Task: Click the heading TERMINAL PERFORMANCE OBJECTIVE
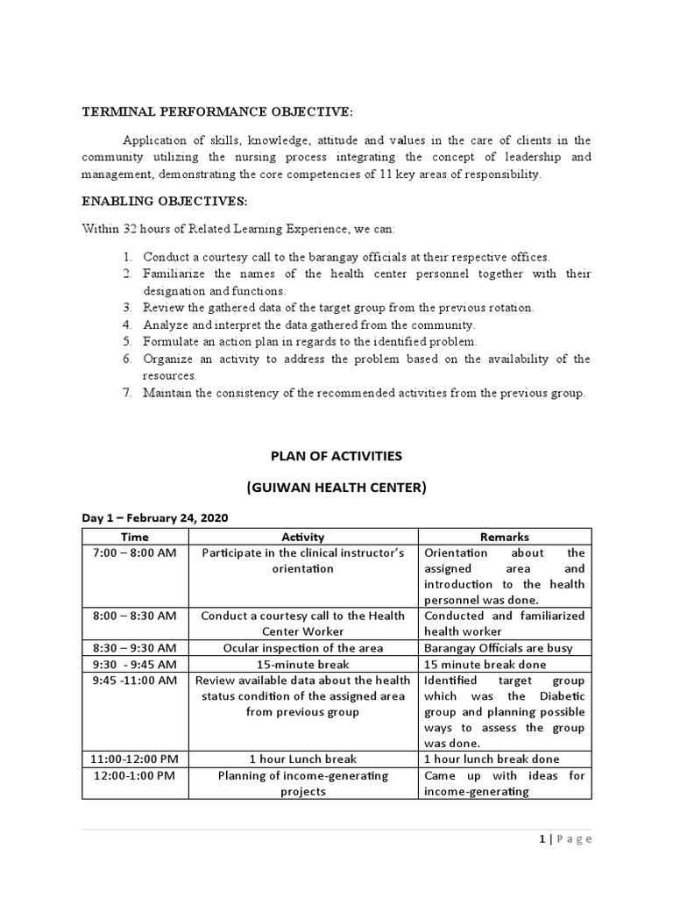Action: point(217,112)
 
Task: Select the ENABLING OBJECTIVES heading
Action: point(165,202)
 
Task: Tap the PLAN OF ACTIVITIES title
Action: point(336,455)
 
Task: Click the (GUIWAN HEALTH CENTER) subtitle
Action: point(336,488)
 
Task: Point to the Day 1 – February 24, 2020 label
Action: point(154,519)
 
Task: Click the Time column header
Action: point(134,537)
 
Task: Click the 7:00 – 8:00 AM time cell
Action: point(134,552)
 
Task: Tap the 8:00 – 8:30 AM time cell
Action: point(134,616)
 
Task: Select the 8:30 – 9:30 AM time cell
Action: point(134,648)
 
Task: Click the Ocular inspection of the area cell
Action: point(303,648)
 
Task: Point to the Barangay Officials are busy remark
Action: point(498,648)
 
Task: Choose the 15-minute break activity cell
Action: point(303,664)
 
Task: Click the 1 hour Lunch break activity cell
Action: point(303,759)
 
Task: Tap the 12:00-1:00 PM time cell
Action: point(134,775)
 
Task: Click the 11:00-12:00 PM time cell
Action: point(134,759)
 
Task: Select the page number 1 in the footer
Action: point(542,839)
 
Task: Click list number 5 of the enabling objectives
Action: point(127,341)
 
